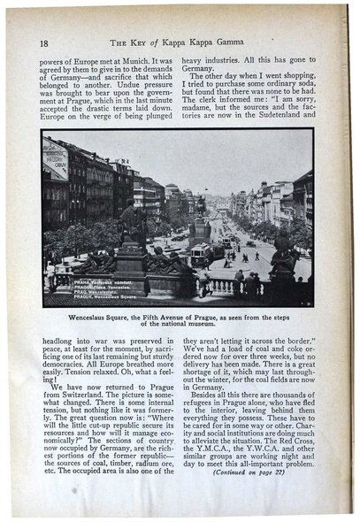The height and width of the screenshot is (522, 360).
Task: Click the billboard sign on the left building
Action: pyautogui.click(x=56, y=160)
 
